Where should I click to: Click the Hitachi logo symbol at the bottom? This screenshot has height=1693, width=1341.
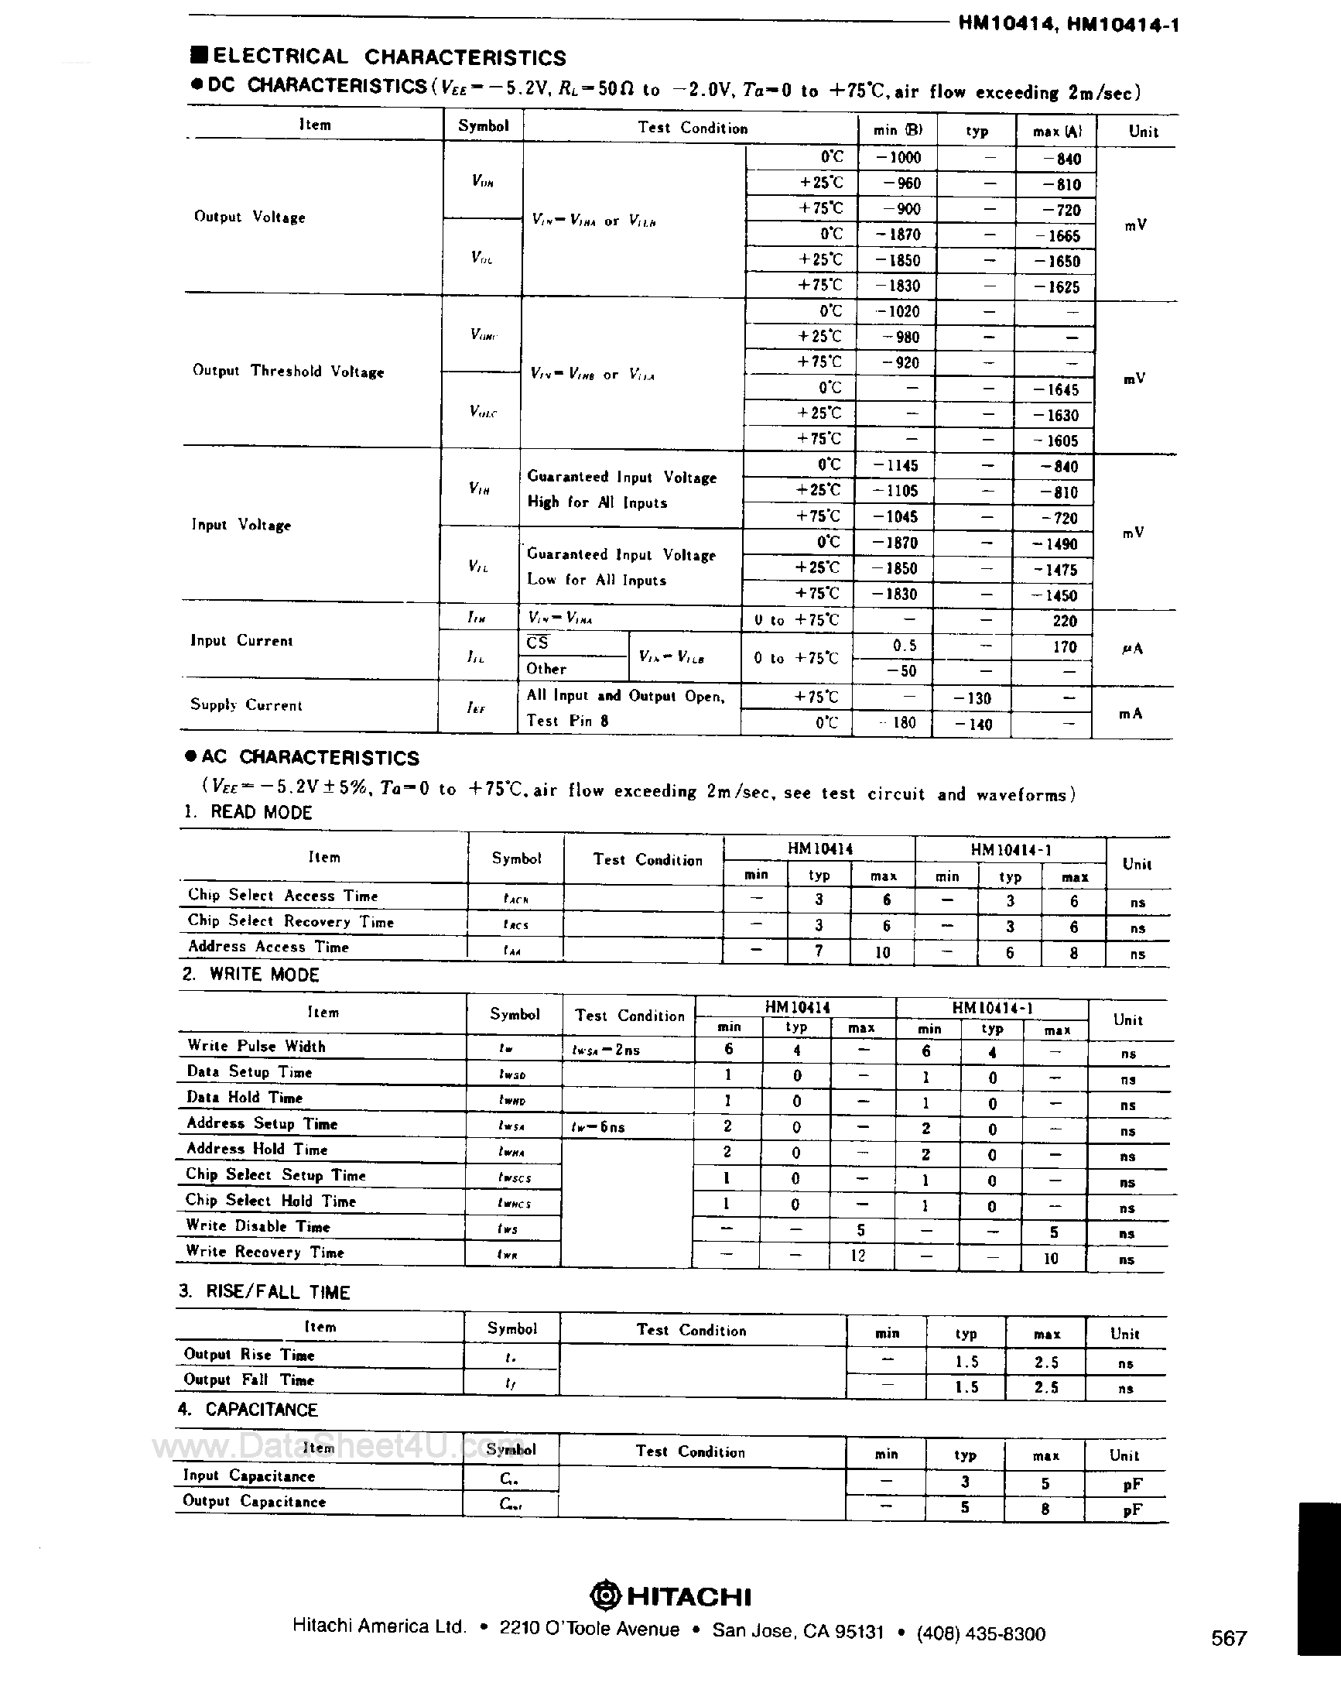(605, 1595)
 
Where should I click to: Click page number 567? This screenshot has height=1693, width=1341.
(1229, 1637)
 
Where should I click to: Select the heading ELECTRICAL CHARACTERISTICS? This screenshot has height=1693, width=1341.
(388, 57)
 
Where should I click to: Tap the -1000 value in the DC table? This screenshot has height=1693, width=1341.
(899, 157)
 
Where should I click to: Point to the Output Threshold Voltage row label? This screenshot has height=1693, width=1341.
(288, 371)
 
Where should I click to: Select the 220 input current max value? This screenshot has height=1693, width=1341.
(1064, 621)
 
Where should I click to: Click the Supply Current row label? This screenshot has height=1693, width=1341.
(246, 704)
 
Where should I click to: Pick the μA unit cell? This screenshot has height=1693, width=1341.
(1131, 649)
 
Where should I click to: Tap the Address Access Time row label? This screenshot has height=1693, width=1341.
(268, 947)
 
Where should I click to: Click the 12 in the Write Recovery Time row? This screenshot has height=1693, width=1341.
(858, 1256)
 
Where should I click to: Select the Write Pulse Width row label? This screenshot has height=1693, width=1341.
(256, 1046)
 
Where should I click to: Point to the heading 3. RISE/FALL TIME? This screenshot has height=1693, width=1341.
(264, 1292)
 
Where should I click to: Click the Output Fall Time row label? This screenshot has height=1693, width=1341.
(249, 1379)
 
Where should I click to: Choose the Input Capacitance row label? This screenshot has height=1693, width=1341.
(249, 1475)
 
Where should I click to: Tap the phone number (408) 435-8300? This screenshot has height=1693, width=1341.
(980, 1634)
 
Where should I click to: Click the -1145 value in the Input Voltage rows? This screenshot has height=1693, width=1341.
(897, 466)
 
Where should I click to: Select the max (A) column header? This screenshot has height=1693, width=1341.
(1057, 131)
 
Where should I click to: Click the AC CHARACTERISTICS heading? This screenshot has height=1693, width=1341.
(310, 757)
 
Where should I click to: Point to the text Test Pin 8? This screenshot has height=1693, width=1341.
(567, 721)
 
